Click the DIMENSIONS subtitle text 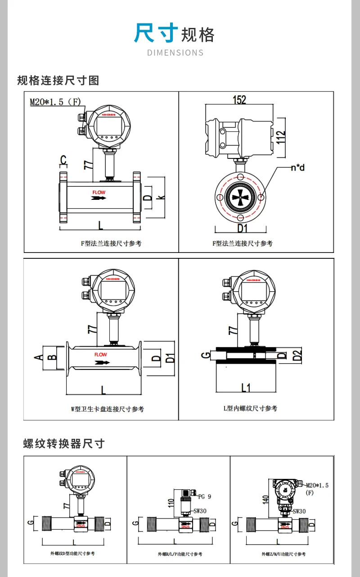tap(175, 53)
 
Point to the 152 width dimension tap(239, 99)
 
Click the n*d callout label tap(297, 168)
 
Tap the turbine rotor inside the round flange tap(239, 197)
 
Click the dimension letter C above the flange tap(63, 160)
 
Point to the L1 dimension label tap(246, 387)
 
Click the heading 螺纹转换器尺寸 tap(64, 444)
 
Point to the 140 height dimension tap(266, 499)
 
